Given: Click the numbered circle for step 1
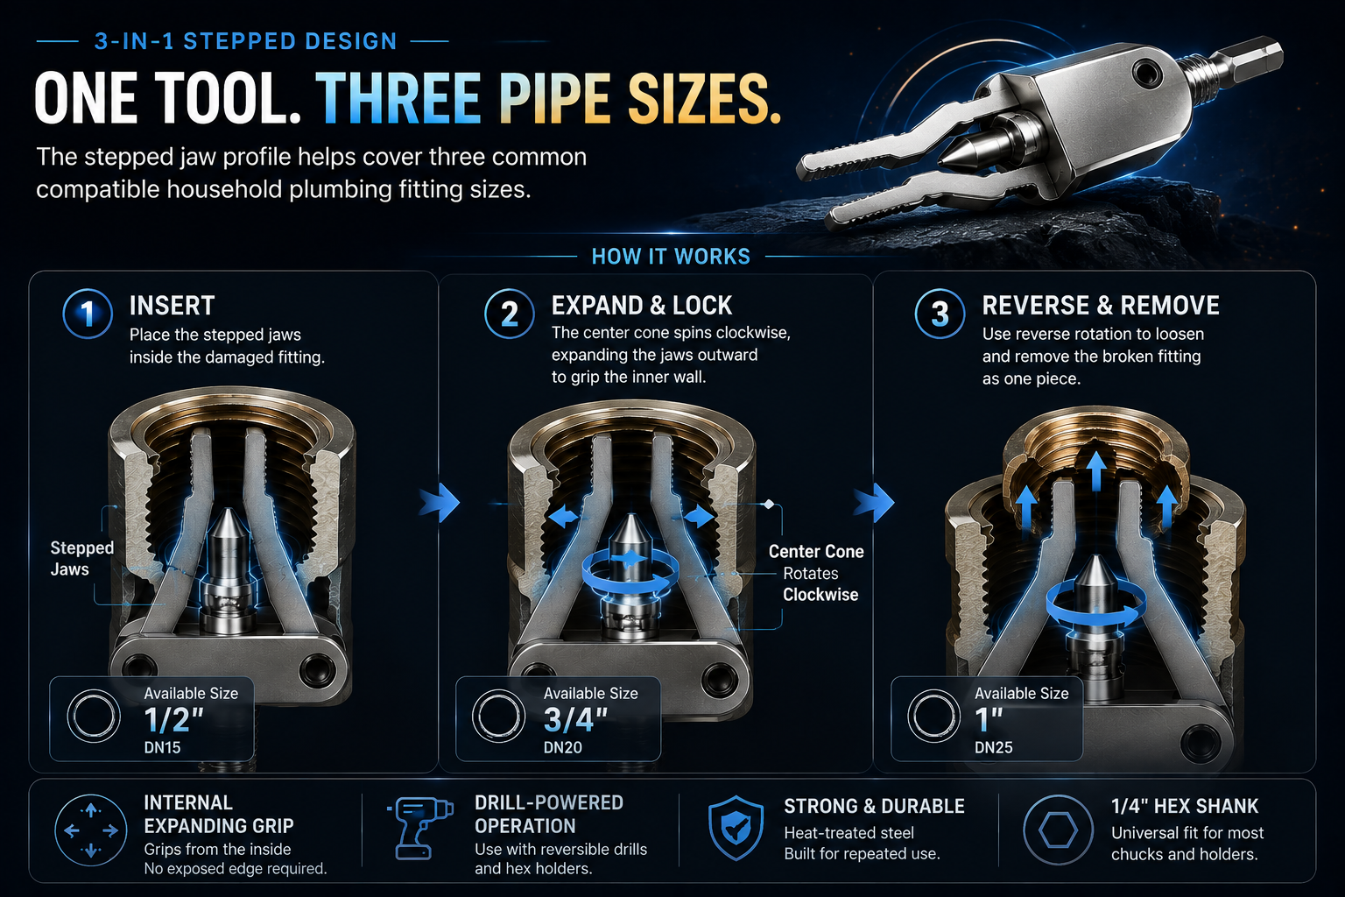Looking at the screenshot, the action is [x=88, y=314].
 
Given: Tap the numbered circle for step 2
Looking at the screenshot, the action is [x=510, y=314].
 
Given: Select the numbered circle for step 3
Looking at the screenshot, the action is [x=940, y=314].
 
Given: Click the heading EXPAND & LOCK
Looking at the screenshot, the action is [x=642, y=306].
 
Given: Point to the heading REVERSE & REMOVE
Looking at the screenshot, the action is [x=1101, y=306].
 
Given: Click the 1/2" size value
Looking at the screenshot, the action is [x=174, y=720].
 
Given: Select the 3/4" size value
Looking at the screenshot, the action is [x=576, y=720].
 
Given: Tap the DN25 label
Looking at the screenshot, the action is [x=993, y=747].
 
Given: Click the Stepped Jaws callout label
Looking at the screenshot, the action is [x=82, y=558].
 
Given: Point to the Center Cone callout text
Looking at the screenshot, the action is [x=816, y=552].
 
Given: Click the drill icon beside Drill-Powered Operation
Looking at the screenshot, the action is [x=420, y=828].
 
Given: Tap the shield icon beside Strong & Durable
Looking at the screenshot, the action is [x=736, y=829].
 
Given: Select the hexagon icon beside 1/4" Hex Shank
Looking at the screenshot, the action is [x=1058, y=830].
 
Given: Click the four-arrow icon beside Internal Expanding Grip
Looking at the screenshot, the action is [x=91, y=830].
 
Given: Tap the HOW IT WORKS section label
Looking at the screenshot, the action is [x=671, y=257].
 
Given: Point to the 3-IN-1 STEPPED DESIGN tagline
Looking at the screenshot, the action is [x=245, y=41].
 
